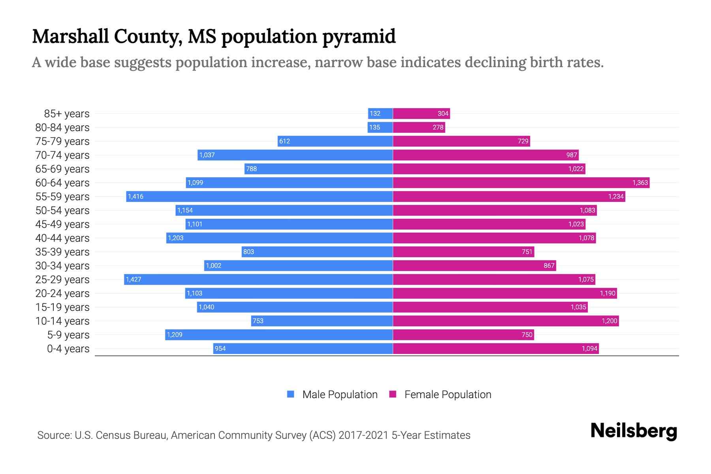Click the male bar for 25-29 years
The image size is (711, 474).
pos(259,279)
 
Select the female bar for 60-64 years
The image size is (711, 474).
pos(521,182)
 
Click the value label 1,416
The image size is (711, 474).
pos(135,196)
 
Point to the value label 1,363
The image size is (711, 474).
pos(640,182)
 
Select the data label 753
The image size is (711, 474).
pos(258,321)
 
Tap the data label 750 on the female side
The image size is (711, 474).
pos(527,335)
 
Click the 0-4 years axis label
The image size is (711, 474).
pos(68,348)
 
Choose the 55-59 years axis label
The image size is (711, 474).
pos(62,196)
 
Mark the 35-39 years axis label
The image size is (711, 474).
pos(62,252)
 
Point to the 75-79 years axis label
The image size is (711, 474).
pos(62,141)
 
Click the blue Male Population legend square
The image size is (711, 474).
pos(291,394)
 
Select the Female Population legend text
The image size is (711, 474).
pos(448,394)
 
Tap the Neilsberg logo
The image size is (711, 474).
pos(634,431)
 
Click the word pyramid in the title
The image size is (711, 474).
pos(359,36)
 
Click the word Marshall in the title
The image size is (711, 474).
pos(70,36)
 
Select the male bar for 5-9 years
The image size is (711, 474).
pos(279,335)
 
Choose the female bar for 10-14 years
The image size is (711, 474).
pos(506,321)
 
